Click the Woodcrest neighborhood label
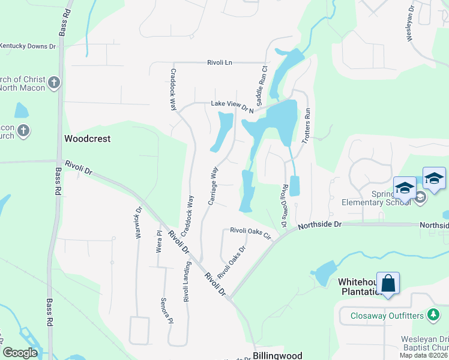88,139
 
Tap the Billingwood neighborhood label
277,355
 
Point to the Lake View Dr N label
232,106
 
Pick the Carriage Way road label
212,186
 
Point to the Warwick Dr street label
138,223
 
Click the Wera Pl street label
160,241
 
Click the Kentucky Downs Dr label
28,46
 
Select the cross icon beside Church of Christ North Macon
54,83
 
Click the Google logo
20,353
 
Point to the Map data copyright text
423,355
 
